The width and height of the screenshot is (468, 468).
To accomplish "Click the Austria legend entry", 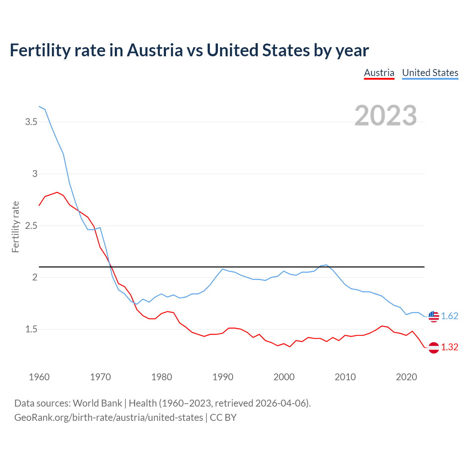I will click(x=379, y=73).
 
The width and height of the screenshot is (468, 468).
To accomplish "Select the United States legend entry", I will click(x=430, y=73).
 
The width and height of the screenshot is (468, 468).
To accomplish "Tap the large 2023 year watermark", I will click(x=386, y=116).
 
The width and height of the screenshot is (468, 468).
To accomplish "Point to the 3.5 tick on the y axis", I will click(x=31, y=122).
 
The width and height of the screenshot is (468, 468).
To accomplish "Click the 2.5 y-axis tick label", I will click(x=31, y=226).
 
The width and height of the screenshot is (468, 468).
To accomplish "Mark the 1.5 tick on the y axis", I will click(x=31, y=329).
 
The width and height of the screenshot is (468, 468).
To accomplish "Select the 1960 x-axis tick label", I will click(x=39, y=377).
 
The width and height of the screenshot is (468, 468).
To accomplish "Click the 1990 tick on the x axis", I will click(x=223, y=377).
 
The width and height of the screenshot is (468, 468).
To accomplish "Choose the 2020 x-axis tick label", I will click(x=406, y=377).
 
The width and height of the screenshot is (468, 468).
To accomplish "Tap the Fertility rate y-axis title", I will click(x=15, y=227).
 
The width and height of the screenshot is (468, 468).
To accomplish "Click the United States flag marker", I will click(x=434, y=316).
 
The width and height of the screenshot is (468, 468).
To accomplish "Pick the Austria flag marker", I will click(x=434, y=347).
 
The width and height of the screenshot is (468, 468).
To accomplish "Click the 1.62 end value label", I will click(x=449, y=316).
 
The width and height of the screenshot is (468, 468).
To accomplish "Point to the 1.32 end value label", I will click(x=449, y=347).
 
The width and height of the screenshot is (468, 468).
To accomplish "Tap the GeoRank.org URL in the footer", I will click(x=109, y=418).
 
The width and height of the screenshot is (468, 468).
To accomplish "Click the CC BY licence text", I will click(x=223, y=418).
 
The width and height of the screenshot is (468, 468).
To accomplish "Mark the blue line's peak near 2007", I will click(x=327, y=265).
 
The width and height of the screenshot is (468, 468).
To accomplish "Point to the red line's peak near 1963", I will click(x=57, y=192).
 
